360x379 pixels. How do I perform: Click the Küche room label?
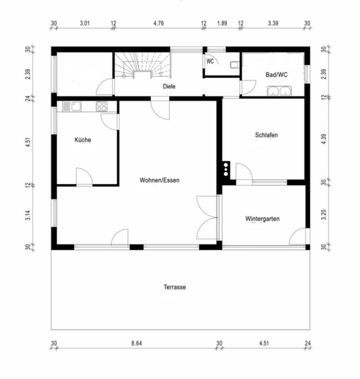click(x=83, y=140)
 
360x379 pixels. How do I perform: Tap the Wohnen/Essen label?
click(x=159, y=180)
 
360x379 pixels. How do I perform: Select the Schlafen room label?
click(x=266, y=135)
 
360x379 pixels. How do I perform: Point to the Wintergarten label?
click(x=262, y=219)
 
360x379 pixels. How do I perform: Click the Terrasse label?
click(x=175, y=287)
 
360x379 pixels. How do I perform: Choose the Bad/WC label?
click(x=276, y=75)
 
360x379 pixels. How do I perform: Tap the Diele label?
click(x=169, y=86)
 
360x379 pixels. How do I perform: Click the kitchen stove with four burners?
click(x=102, y=106)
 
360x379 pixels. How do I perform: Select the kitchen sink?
click(x=72, y=107)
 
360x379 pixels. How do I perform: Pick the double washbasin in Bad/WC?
click(x=280, y=91)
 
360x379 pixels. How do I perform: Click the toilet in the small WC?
click(x=235, y=65)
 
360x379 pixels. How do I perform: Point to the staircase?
click(x=143, y=65)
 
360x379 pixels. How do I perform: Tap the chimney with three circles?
click(x=226, y=169)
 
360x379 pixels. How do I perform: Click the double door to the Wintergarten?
click(x=207, y=217)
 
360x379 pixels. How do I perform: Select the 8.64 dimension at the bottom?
click(x=136, y=343)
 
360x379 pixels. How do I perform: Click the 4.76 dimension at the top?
click(x=158, y=23)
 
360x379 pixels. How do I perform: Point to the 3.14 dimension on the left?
click(x=28, y=215)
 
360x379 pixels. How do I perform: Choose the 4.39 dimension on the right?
click(x=324, y=139)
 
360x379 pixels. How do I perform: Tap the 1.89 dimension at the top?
click(x=222, y=23)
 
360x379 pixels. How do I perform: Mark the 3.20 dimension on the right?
click(x=324, y=215)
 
